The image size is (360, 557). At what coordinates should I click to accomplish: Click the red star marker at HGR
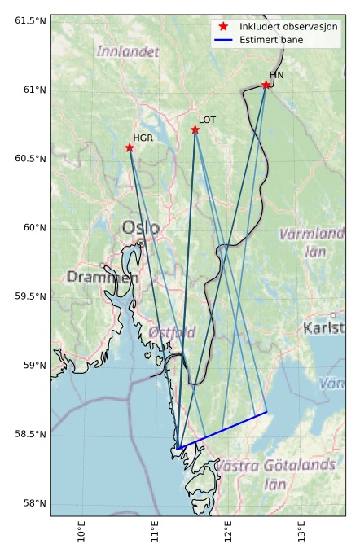click(130, 147)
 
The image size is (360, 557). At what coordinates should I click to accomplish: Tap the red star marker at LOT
click(195, 129)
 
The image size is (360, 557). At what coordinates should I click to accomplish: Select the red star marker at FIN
click(266, 85)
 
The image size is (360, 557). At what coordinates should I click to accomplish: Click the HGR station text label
click(143, 138)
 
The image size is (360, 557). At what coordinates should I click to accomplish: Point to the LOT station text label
click(208, 120)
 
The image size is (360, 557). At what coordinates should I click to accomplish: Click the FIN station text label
click(276, 75)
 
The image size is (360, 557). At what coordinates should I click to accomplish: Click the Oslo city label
click(141, 227)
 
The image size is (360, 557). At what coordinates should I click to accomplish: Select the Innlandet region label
click(128, 51)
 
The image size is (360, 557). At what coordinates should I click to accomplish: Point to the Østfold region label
click(172, 332)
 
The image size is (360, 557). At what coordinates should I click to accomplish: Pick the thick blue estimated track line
click(222, 430)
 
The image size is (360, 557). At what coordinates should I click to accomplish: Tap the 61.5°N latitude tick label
click(30, 20)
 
